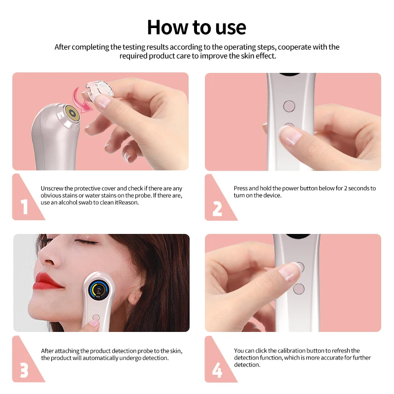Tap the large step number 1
point(25,208)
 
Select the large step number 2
point(217,208)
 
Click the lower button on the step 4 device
point(298,289)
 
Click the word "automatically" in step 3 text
point(93,358)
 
